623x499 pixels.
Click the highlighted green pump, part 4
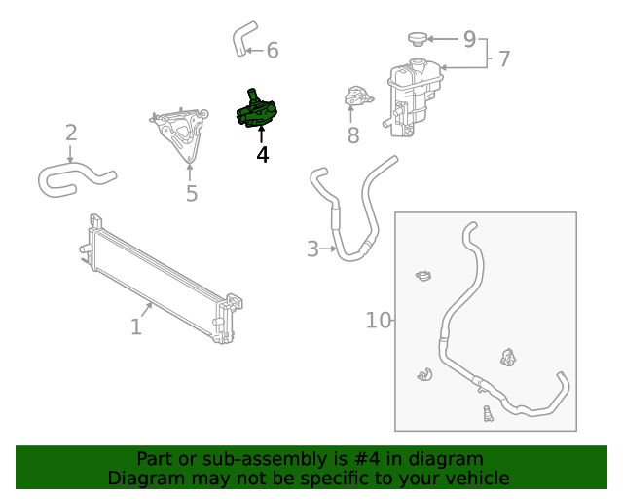(256, 111)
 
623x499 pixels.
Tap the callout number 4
(263, 155)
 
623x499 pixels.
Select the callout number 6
(273, 51)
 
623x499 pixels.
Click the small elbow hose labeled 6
(244, 39)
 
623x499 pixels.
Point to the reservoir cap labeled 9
(417, 39)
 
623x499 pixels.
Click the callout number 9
(469, 39)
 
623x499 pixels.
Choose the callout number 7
(504, 58)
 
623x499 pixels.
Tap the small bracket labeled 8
(358, 96)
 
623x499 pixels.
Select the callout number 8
(353, 135)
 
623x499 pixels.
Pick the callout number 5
(192, 193)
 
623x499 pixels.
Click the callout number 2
(71, 133)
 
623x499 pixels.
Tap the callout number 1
(136, 327)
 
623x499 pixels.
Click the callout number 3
(312, 249)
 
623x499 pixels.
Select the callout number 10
(379, 321)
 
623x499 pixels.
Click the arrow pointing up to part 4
(262, 134)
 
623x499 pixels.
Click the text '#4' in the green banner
(366, 459)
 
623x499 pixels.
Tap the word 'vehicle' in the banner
(482, 479)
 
